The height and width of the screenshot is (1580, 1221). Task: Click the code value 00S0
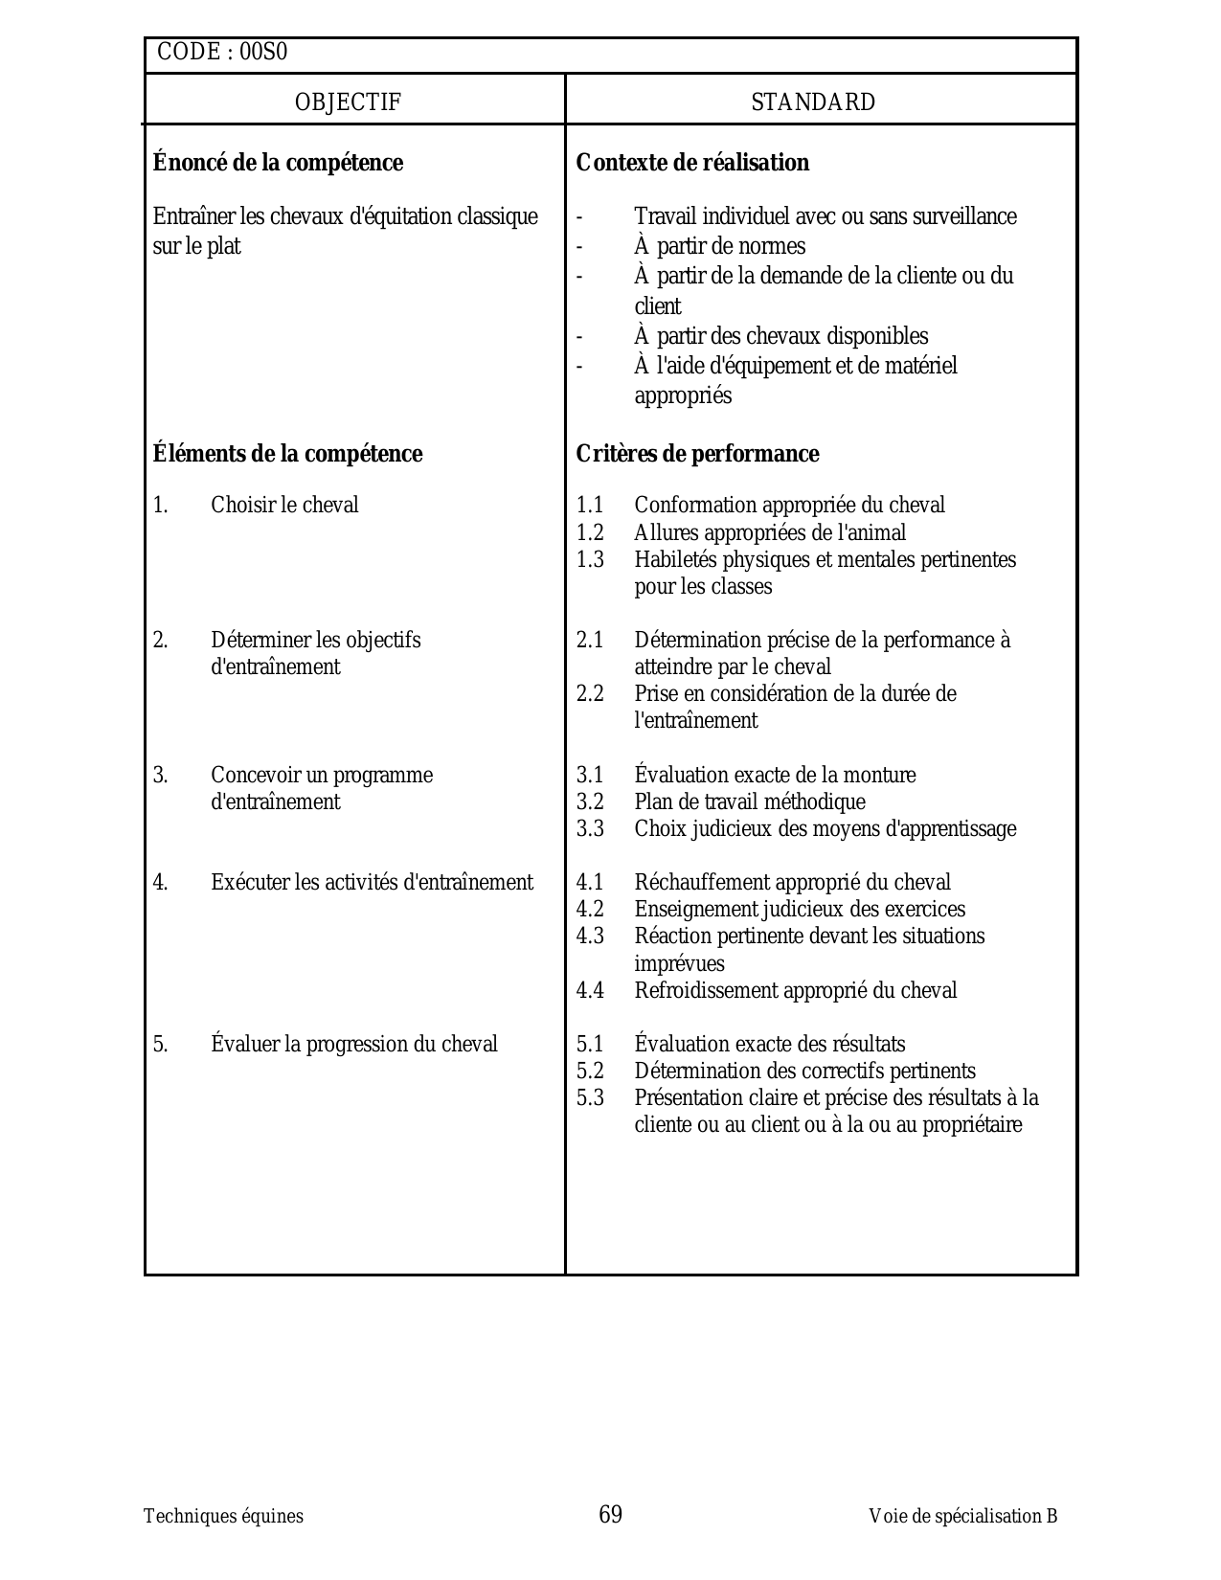[262, 53]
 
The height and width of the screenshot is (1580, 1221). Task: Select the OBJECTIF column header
[348, 102]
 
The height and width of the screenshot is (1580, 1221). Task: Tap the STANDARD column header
[813, 102]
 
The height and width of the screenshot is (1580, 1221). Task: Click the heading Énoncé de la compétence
[278, 163]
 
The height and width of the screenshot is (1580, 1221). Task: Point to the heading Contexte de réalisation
[692, 163]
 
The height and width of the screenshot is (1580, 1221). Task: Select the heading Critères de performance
[697, 454]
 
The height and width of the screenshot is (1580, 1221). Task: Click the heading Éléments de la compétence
[287, 454]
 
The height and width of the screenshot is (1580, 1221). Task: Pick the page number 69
[610, 1514]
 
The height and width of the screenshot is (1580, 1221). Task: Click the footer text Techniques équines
[223, 1516]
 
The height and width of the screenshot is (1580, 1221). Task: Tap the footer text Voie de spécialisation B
[962, 1516]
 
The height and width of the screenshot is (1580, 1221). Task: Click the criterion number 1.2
[590, 532]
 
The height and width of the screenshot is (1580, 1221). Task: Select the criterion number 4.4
[590, 990]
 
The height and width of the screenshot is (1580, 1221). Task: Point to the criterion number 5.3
[590, 1097]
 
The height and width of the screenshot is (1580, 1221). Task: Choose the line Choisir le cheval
[284, 505]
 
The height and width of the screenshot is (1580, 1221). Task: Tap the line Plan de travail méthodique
[749, 801]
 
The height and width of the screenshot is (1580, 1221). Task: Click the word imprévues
[679, 963]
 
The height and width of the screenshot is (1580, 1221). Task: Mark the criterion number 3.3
[590, 828]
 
